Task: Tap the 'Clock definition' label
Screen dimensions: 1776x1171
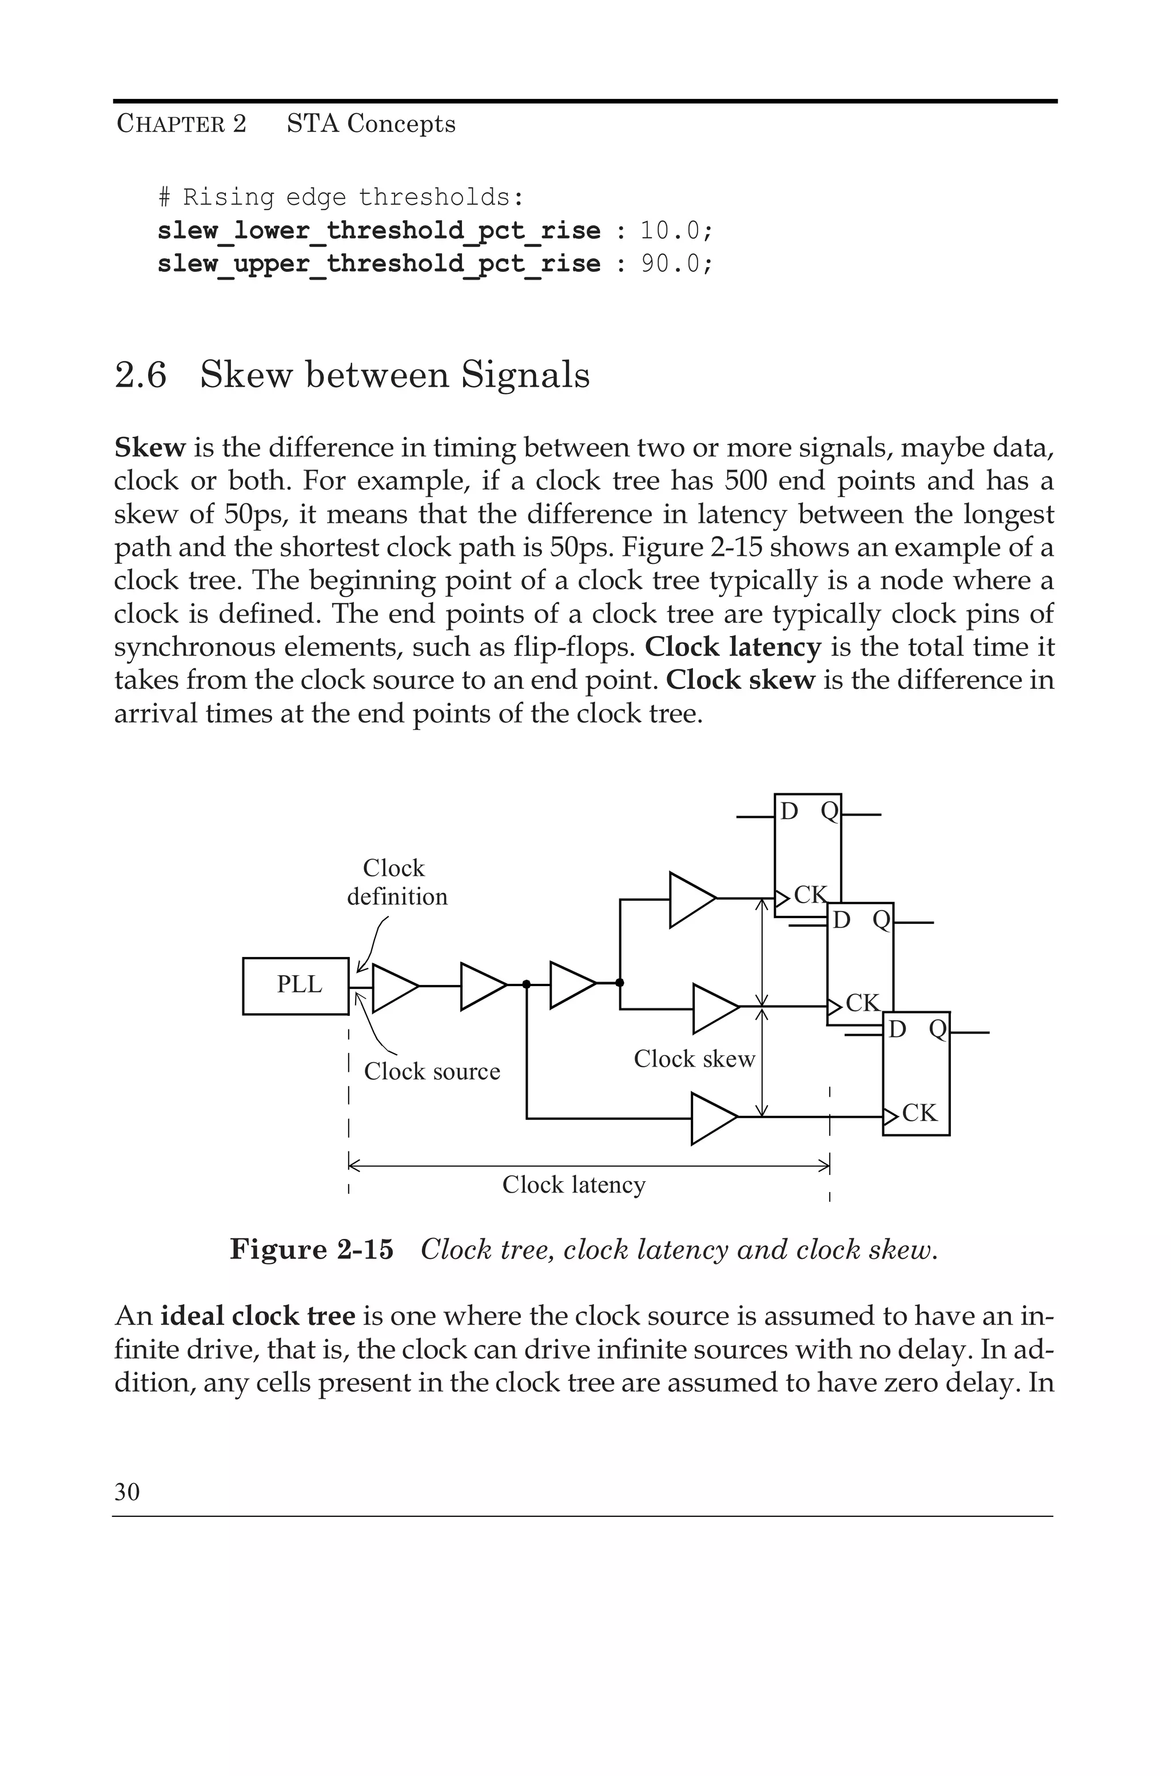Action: (x=397, y=882)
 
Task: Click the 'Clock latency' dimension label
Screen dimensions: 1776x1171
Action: (x=573, y=1185)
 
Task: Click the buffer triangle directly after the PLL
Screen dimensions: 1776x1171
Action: (x=393, y=987)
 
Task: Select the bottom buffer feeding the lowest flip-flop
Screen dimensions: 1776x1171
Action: (x=712, y=1118)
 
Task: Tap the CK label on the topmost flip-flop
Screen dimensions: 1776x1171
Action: (x=810, y=895)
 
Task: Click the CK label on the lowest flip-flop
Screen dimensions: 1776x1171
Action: (x=919, y=1113)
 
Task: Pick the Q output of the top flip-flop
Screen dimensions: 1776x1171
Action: (x=830, y=811)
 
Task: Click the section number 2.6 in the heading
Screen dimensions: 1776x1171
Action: (x=141, y=375)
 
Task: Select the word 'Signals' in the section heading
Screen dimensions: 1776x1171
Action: (x=525, y=375)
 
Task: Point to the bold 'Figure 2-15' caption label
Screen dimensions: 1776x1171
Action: (x=312, y=1249)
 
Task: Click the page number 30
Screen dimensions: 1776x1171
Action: (x=127, y=1492)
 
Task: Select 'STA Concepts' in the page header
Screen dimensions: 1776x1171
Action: (x=371, y=124)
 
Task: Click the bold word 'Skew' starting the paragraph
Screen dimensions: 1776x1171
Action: (x=149, y=448)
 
